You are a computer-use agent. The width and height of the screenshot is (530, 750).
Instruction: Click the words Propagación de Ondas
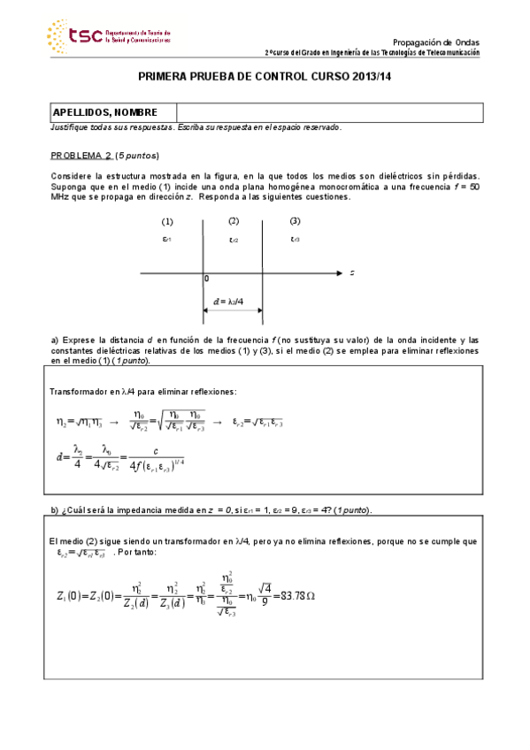(x=436, y=42)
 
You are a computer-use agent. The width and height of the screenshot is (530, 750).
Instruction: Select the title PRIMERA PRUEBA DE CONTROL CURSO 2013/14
(x=265, y=78)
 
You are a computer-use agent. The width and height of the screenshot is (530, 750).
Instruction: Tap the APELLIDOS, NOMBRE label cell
(x=105, y=112)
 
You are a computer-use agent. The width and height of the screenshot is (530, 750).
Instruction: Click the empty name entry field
(x=329, y=112)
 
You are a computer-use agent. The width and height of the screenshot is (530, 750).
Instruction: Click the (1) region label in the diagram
(x=167, y=221)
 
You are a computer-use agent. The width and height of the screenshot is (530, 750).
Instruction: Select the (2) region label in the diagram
(x=234, y=221)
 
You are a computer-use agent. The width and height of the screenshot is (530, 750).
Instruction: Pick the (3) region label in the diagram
(x=295, y=221)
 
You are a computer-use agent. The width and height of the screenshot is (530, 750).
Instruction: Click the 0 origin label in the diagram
(x=206, y=279)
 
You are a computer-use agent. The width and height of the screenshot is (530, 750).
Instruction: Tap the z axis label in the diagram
(x=352, y=274)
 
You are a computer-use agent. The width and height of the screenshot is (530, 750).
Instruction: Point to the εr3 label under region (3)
(x=295, y=239)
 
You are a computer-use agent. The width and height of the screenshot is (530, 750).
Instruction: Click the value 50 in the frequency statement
(x=474, y=187)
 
